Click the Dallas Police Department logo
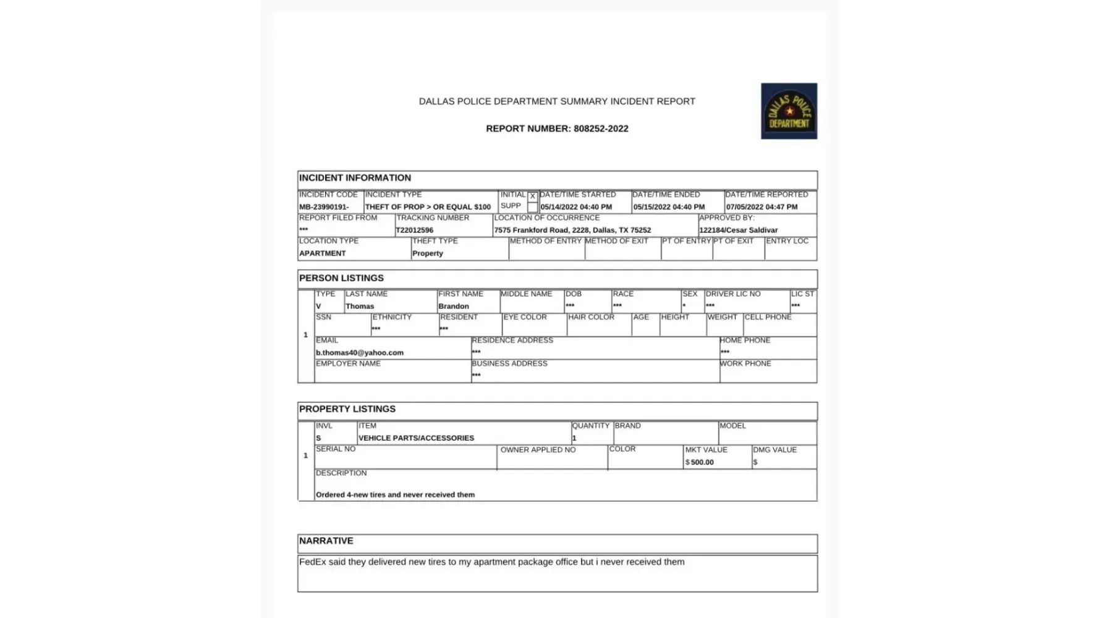tap(789, 111)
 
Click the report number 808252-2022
tap(601, 129)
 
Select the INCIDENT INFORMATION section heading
tap(355, 178)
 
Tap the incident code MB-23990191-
tap(324, 207)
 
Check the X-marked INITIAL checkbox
tap(532, 197)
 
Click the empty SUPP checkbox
tap(532, 207)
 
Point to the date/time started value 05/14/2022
tap(576, 207)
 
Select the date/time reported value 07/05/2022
tap(762, 207)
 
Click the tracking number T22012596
tap(415, 230)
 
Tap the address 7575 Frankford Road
tap(572, 230)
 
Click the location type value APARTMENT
tap(323, 253)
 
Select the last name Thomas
tap(360, 306)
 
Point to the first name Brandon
tap(454, 306)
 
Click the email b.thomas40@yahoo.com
tap(360, 353)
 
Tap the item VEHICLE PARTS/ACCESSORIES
tap(417, 438)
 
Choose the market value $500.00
tap(700, 462)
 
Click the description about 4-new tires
tap(395, 494)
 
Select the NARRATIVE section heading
tap(326, 541)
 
